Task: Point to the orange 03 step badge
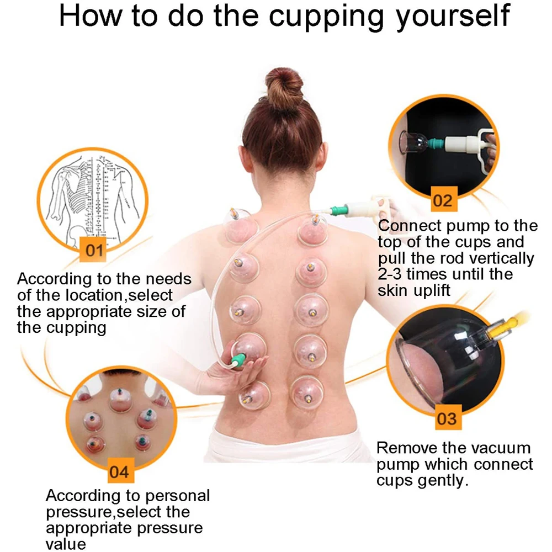(x=446, y=418)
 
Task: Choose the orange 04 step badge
(x=119, y=472)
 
